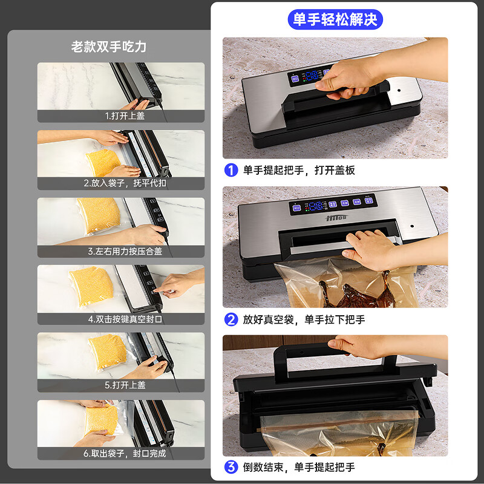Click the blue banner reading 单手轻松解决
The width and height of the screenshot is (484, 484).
pos(335,19)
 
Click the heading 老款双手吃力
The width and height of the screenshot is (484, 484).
pos(109,47)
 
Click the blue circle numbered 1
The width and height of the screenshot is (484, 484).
pos(231,170)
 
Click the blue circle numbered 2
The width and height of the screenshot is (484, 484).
pos(231,319)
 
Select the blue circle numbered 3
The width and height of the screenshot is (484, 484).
pos(231,467)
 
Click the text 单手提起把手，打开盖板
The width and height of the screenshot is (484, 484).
pos(299,170)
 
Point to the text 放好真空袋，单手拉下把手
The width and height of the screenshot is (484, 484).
pos(304,319)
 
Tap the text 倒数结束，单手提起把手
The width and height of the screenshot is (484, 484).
pos(299,467)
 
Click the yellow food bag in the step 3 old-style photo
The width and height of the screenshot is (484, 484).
pos(98,215)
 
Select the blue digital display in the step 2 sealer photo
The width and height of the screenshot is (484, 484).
pos(313,206)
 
